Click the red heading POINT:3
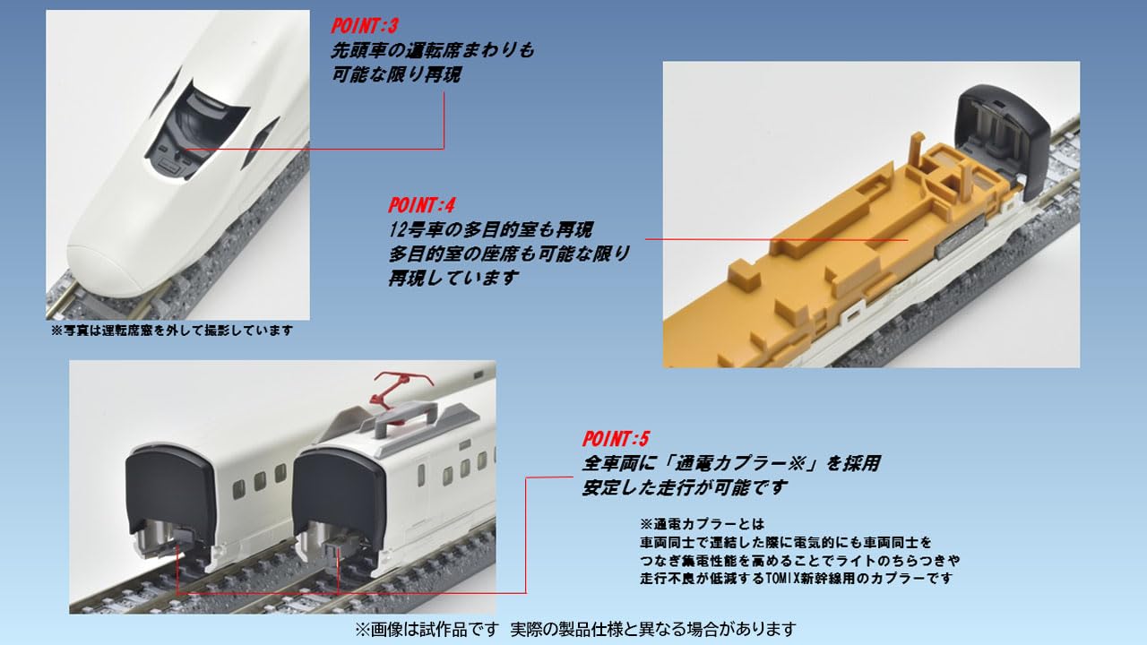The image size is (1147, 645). coord(365,26)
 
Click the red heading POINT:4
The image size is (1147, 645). coord(421,205)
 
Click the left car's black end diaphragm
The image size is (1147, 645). coord(168,493)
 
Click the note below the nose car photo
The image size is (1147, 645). coord(172,331)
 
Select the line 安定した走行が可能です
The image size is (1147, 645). coord(684,487)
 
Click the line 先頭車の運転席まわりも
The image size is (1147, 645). coord(432,51)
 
